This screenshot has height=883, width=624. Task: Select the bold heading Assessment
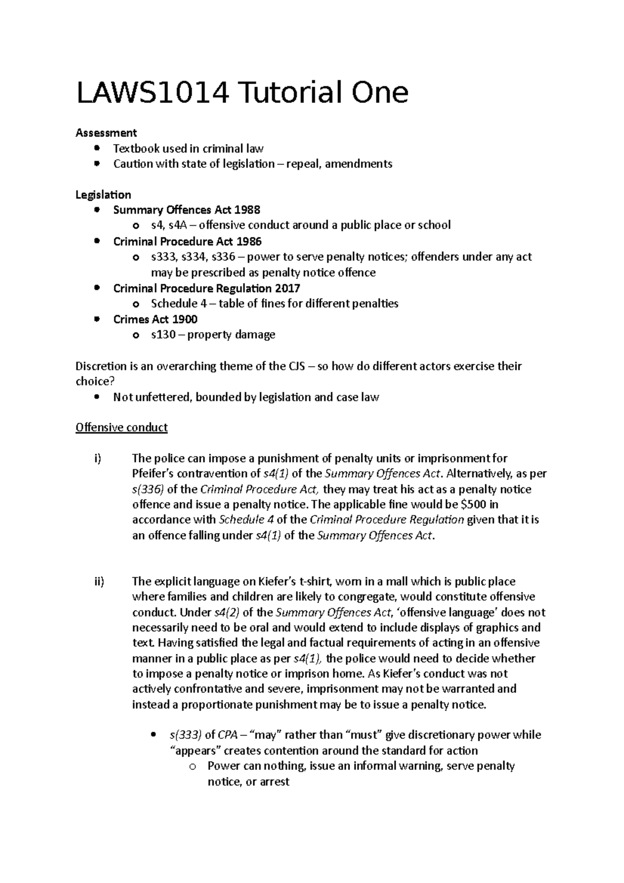click(x=106, y=133)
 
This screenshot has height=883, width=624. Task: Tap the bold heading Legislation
click(x=103, y=194)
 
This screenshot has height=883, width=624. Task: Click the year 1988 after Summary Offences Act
click(x=247, y=210)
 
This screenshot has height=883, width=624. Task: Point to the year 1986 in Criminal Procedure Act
click(x=249, y=241)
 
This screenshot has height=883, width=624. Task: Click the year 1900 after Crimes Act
click(x=185, y=319)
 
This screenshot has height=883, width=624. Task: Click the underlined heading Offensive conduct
click(x=121, y=427)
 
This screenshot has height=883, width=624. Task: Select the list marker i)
click(x=97, y=458)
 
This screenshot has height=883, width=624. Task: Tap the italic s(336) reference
click(x=148, y=489)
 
